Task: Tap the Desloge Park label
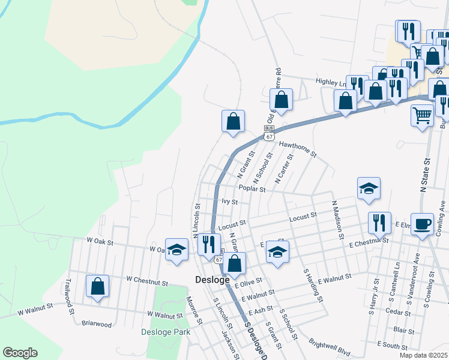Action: pos(166,332)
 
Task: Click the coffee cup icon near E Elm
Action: pos(422,224)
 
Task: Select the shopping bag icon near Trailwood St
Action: pos(97,287)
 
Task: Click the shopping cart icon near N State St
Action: pos(423,114)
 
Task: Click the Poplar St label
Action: pos(252,188)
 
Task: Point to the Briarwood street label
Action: pos(97,325)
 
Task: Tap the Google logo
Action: pos(20,353)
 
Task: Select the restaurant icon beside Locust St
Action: pos(379,223)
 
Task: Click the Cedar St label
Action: pos(398,312)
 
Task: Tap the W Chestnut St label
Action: pos(146,280)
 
